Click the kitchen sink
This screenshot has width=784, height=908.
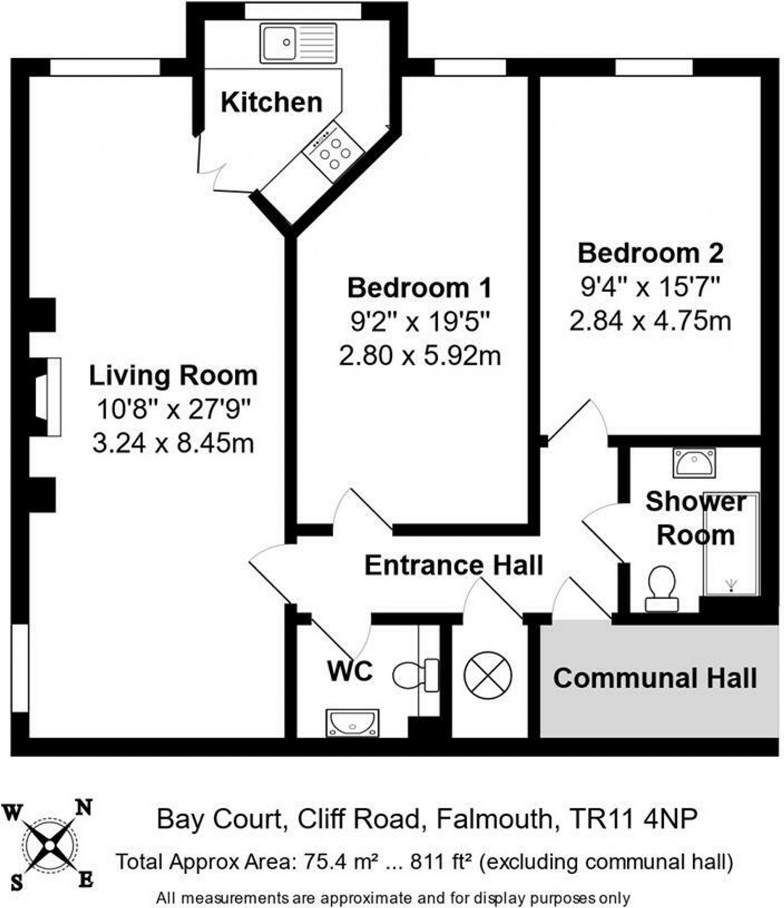(x=297, y=43)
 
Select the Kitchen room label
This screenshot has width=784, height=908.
(x=271, y=102)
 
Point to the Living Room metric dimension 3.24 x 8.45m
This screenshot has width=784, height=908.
(x=173, y=443)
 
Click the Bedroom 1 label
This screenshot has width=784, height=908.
(x=419, y=288)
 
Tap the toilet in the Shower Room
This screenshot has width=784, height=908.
(x=661, y=589)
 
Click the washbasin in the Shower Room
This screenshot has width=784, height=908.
(x=694, y=462)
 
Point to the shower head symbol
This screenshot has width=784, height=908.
(x=730, y=584)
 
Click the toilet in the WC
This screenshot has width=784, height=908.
(x=414, y=675)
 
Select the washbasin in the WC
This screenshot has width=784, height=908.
(x=352, y=723)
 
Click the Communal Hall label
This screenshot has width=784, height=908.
(x=655, y=678)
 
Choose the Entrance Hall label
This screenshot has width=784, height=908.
(x=454, y=565)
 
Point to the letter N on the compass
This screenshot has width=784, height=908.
(x=84, y=808)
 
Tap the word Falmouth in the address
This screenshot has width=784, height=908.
(x=494, y=820)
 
